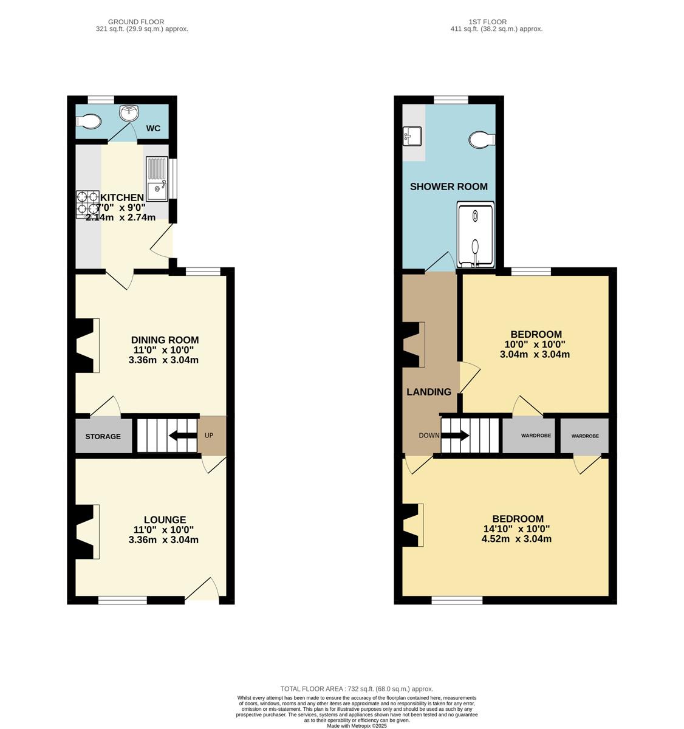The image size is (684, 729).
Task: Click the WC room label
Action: pyautogui.click(x=153, y=128)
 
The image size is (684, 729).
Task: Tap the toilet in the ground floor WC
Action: pyautogui.click(x=88, y=121)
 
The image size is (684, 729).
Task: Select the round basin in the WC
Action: pyautogui.click(x=129, y=112)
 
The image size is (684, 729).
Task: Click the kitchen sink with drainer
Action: pyautogui.click(x=157, y=179)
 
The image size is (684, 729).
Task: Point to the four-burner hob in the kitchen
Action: pyautogui.click(x=87, y=205)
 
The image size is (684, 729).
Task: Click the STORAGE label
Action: pyautogui.click(x=103, y=436)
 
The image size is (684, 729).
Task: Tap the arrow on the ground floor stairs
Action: pyautogui.click(x=183, y=436)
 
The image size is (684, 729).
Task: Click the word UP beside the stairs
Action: pyautogui.click(x=208, y=436)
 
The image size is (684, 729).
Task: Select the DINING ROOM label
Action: pyautogui.click(x=165, y=340)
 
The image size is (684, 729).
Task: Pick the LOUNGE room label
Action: pyautogui.click(x=165, y=520)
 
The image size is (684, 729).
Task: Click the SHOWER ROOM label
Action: pyautogui.click(x=449, y=187)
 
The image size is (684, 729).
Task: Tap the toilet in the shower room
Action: pyautogui.click(x=482, y=140)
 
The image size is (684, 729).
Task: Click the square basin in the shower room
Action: pyautogui.click(x=412, y=136)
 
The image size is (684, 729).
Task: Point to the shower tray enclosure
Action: pyautogui.click(x=476, y=234)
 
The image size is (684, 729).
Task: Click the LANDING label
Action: pyautogui.click(x=429, y=392)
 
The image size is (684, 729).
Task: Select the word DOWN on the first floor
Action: pyautogui.click(x=429, y=436)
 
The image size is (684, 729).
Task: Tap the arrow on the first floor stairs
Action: pyautogui.click(x=454, y=436)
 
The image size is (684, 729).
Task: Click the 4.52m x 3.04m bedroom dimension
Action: pyautogui.click(x=516, y=539)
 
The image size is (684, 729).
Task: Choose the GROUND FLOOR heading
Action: pyautogui.click(x=136, y=22)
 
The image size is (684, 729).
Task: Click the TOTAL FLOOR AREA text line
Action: pyautogui.click(x=357, y=689)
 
